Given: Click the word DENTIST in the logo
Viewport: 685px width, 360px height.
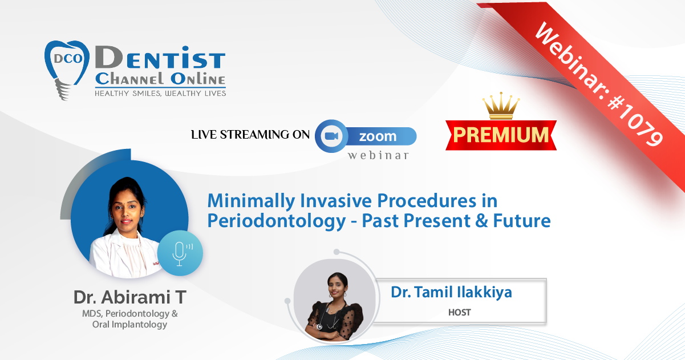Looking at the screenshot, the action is tap(160, 58).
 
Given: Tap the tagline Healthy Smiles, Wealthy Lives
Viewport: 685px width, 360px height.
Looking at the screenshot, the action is tap(160, 94).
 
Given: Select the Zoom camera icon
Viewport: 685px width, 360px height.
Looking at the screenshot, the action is tap(331, 136).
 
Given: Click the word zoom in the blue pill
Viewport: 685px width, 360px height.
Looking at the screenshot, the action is tap(378, 136).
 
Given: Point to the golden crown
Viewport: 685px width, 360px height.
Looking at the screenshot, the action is tap(501, 106).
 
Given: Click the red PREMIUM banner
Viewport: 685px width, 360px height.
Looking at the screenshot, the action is tap(501, 135).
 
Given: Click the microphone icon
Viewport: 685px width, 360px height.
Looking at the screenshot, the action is tap(180, 253).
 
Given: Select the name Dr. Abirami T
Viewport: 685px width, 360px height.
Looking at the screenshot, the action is tap(129, 297).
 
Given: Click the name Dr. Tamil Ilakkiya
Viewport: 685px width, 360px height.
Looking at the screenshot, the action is tap(451, 292).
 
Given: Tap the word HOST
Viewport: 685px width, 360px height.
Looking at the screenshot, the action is tap(459, 312).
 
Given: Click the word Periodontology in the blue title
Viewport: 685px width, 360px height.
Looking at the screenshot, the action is tap(277, 221).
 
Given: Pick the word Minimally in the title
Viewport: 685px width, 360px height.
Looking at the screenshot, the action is tap(252, 201).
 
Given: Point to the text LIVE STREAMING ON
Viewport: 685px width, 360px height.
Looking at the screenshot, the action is tap(250, 135).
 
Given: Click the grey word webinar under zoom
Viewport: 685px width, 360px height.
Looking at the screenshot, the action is tap(378, 155).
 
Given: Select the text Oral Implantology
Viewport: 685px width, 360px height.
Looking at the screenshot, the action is tap(129, 325).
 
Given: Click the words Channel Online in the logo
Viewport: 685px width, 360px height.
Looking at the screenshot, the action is tap(160, 79).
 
